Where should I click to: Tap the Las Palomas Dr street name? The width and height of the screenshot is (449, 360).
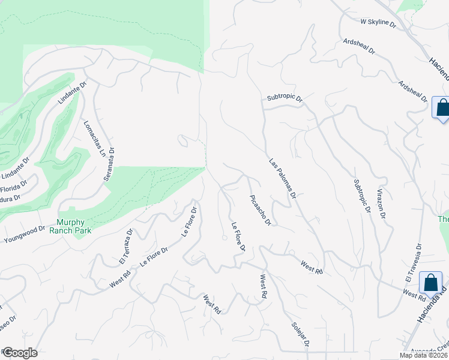(282, 178)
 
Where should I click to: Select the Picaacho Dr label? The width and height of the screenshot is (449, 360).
(261, 210)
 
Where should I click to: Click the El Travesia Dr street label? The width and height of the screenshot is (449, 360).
(414, 262)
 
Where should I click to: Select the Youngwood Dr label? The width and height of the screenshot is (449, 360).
(25, 235)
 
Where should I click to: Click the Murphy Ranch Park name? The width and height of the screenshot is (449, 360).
(79, 226)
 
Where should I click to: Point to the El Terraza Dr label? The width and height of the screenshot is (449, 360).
(125, 247)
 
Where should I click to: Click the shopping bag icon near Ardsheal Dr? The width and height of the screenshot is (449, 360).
(442, 109)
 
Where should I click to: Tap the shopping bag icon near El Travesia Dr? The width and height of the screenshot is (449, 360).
(430, 283)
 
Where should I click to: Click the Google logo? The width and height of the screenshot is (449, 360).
(19, 353)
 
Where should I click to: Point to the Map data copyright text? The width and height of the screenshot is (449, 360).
(424, 355)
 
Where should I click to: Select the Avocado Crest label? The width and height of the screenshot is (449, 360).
(429, 349)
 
